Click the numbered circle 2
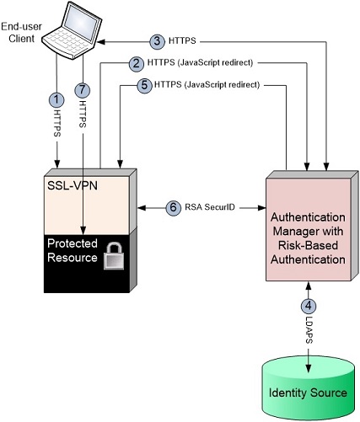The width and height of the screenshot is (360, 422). [x=135, y=62]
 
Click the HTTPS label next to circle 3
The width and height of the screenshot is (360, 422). [x=185, y=40]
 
